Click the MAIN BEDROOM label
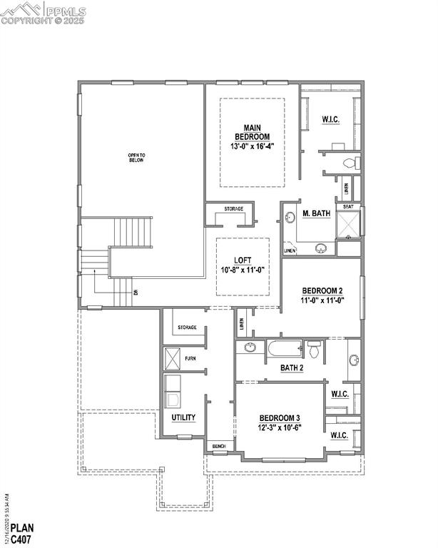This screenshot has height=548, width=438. coord(252,131)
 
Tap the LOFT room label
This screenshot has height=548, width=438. coord(243,260)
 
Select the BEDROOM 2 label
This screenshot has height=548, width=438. coord(322,290)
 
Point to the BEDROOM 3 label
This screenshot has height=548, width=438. coord(279,418)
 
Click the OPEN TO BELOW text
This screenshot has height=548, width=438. coord(136,158)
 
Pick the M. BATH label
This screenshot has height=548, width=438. coord(316,213)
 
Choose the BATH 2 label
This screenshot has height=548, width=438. coord(292,367)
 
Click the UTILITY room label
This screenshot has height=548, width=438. coord(183,417)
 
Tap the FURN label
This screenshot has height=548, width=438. coord(190,358)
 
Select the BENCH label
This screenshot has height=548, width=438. coord(219,447)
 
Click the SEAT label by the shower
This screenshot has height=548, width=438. coord(348,207)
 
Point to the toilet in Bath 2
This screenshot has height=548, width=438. coord(314,349)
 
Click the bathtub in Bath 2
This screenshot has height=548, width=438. coord(285,350)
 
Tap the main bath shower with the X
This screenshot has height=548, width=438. coord(349,224)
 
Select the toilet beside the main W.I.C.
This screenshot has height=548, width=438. coord(348,163)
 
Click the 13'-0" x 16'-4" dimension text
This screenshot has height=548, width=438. coord(252,146)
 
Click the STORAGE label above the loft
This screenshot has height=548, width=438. coord(233,209)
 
